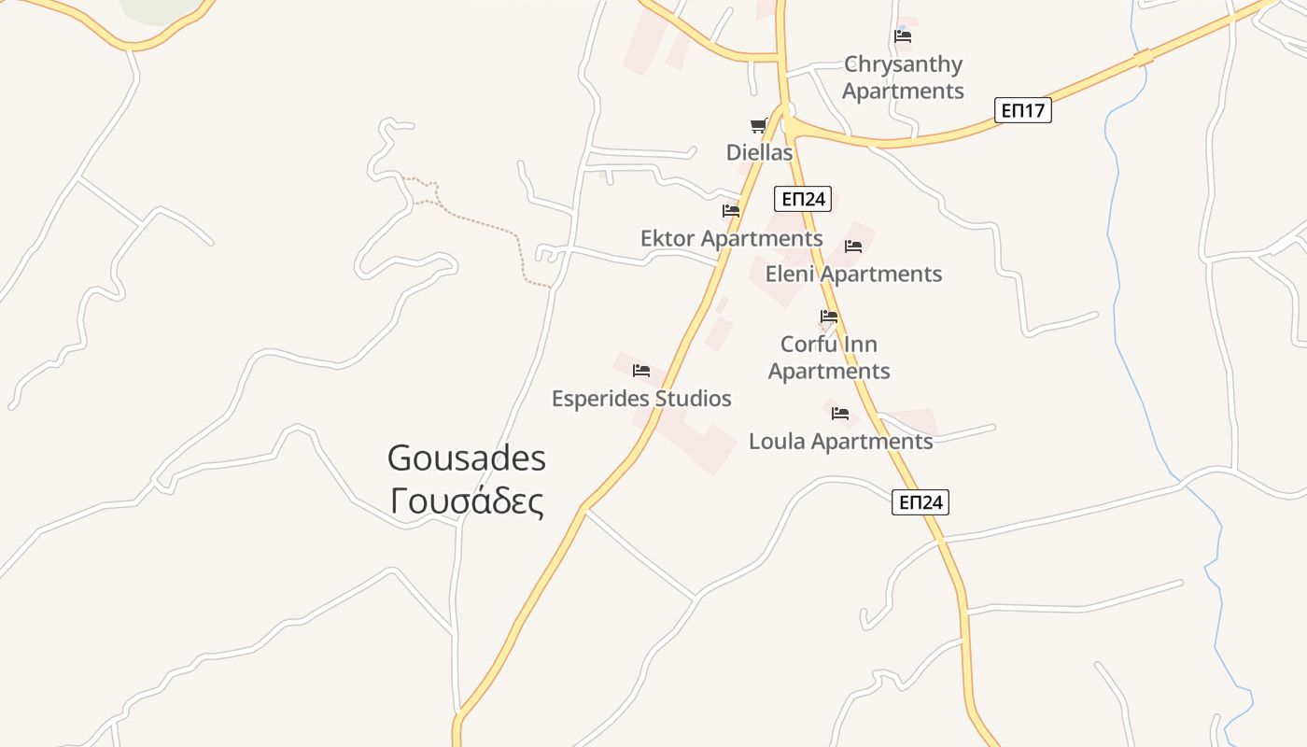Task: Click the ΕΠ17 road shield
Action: coord(1022,110)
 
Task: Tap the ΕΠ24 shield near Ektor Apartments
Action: coord(802,199)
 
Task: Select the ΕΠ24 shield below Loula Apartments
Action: coord(920,502)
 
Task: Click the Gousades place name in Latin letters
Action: coord(466,458)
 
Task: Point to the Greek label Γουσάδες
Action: coord(466,501)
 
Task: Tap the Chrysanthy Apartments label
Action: coord(903,78)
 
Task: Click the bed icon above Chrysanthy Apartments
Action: coord(903,36)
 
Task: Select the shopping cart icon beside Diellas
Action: coord(759,126)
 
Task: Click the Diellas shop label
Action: coord(759,152)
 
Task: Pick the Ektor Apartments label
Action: coord(731,239)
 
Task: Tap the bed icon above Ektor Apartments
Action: coord(731,211)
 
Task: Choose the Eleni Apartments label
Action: coord(853,274)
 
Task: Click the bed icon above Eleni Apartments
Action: coord(853,247)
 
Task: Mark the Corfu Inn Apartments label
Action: coord(828,358)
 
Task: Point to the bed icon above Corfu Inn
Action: coord(828,317)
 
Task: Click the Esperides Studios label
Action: coord(641,399)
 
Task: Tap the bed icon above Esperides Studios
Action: coord(641,371)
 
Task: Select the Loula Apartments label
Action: coord(840,441)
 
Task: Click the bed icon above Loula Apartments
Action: coord(840,414)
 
